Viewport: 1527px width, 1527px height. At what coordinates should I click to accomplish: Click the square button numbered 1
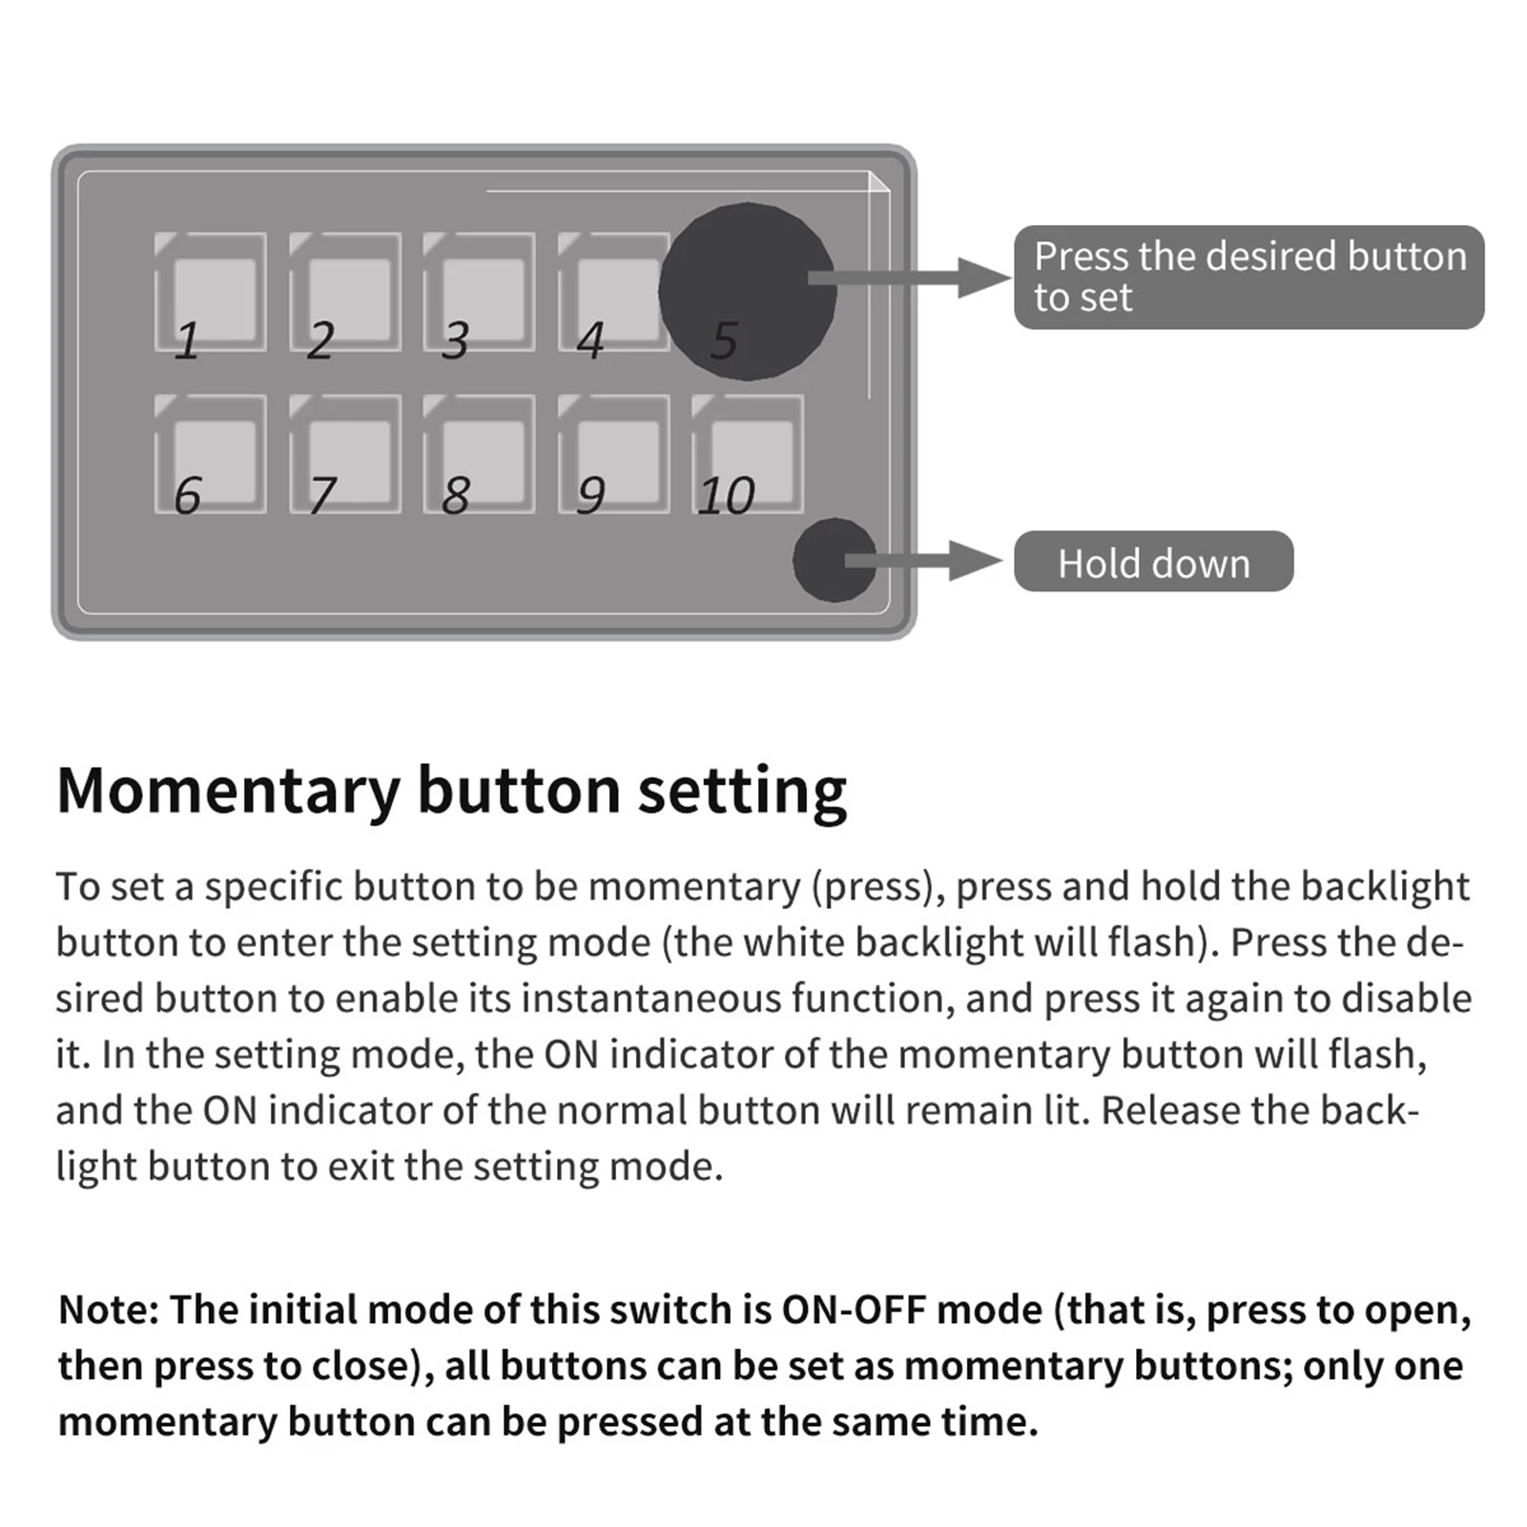pos(211,292)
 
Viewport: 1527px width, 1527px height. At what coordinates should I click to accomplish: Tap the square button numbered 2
pos(345,292)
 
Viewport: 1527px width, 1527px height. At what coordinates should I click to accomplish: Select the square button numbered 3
pos(480,292)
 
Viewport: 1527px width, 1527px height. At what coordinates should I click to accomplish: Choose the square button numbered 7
pos(345,455)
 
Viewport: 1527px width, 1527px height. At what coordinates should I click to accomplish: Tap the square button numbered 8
pos(480,455)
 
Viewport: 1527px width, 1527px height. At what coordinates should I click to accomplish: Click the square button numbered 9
pos(614,455)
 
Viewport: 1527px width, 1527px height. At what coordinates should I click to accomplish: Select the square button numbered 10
pos(749,455)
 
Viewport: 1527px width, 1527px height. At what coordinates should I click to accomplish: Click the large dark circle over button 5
pos(747,291)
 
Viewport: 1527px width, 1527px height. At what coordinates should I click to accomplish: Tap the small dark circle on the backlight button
pos(834,560)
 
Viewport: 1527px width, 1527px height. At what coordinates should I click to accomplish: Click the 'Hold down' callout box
pos(1153,562)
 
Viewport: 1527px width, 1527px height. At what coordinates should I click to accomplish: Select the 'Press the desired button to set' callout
pos(1248,278)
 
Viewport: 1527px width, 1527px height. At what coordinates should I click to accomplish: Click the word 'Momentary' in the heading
pos(228,791)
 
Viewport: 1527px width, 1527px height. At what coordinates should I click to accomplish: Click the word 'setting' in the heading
pos(742,791)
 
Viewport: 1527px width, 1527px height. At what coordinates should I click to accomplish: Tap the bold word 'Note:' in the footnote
pos(108,1310)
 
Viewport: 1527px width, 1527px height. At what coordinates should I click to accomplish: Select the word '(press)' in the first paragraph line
pos(872,887)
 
